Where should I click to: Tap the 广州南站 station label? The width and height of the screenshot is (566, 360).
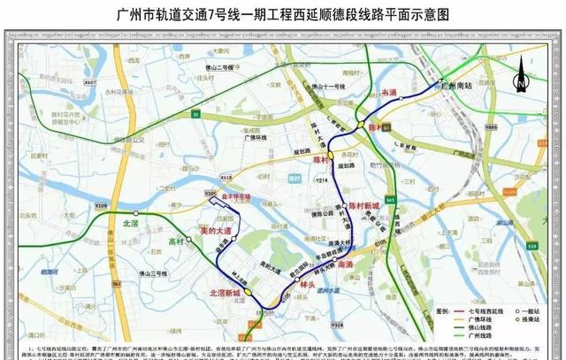[461, 86]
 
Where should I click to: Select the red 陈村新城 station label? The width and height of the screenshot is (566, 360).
[362, 205]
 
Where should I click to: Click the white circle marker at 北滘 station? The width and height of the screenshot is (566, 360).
[135, 213]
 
